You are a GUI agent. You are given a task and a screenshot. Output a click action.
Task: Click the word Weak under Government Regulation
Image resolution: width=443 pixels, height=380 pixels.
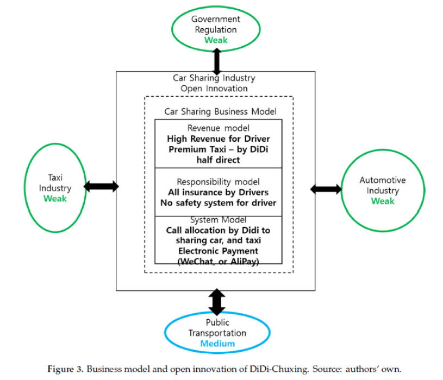pos(216,40)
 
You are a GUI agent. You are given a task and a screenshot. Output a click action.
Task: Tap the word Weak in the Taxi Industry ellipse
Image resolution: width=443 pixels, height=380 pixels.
pos(55,199)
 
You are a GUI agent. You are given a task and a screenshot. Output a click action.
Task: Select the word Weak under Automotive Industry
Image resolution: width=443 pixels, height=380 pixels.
pos(383,201)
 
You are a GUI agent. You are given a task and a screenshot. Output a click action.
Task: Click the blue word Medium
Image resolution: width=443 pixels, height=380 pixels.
pos(217,344)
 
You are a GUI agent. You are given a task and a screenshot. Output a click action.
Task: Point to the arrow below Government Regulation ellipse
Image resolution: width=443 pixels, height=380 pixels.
pos(217,61)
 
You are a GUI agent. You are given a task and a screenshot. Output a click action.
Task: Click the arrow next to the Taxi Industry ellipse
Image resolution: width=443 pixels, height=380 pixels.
pos(102,187)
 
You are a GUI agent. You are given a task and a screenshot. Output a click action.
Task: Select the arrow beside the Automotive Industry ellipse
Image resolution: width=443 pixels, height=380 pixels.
pos(326,189)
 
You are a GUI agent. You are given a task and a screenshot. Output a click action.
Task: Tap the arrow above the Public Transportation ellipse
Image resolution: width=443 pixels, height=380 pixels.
pos(217,302)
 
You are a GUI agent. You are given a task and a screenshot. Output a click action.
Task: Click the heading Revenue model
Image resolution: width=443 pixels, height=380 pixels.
pos(219,128)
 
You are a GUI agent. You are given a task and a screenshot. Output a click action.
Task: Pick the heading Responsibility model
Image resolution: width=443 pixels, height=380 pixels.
pos(218,182)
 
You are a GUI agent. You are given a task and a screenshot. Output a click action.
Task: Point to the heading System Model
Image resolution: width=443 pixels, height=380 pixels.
pos(218,219)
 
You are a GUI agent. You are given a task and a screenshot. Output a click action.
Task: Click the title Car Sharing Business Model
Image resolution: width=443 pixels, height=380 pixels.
pos(220,111)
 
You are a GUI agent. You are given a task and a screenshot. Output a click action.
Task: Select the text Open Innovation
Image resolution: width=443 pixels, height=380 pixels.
pos(214,88)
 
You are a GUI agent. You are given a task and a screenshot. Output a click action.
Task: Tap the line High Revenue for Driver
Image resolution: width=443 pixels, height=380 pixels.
pos(219,139)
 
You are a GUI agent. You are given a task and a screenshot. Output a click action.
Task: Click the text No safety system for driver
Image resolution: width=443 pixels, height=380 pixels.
pos(219,203)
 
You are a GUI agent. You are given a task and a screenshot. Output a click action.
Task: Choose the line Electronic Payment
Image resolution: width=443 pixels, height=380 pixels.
pos(218,251)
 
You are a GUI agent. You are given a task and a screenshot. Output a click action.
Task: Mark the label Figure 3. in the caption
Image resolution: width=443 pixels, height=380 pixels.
pos(65,369)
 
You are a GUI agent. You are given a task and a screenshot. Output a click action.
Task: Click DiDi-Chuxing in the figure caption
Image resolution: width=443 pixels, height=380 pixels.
pos(279,369)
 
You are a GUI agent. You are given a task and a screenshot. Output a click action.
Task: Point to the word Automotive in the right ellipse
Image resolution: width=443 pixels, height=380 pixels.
pos(383,180)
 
